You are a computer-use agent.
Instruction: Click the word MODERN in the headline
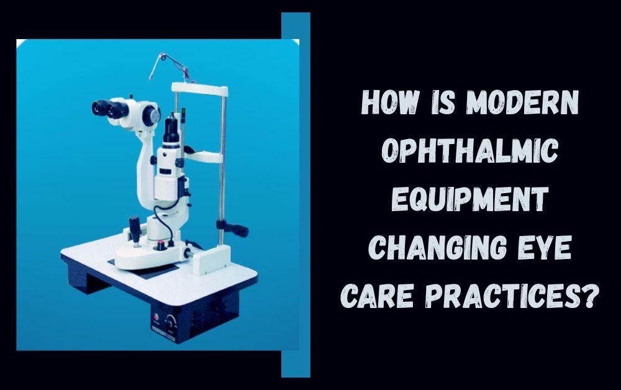point(522,102)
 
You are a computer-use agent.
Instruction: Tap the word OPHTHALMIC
point(469,150)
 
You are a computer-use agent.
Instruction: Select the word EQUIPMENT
point(469,199)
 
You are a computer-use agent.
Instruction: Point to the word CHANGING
point(438,247)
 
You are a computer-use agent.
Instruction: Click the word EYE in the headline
point(545,247)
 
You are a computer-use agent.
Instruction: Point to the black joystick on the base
point(135,230)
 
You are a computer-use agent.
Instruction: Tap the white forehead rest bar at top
point(199,89)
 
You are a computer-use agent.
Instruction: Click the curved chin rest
point(203,156)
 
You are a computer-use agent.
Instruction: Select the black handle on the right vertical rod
point(233,228)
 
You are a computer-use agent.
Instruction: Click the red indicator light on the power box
point(156,317)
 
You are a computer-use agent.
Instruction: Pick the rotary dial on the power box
point(171,320)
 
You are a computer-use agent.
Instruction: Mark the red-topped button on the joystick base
point(161,245)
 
